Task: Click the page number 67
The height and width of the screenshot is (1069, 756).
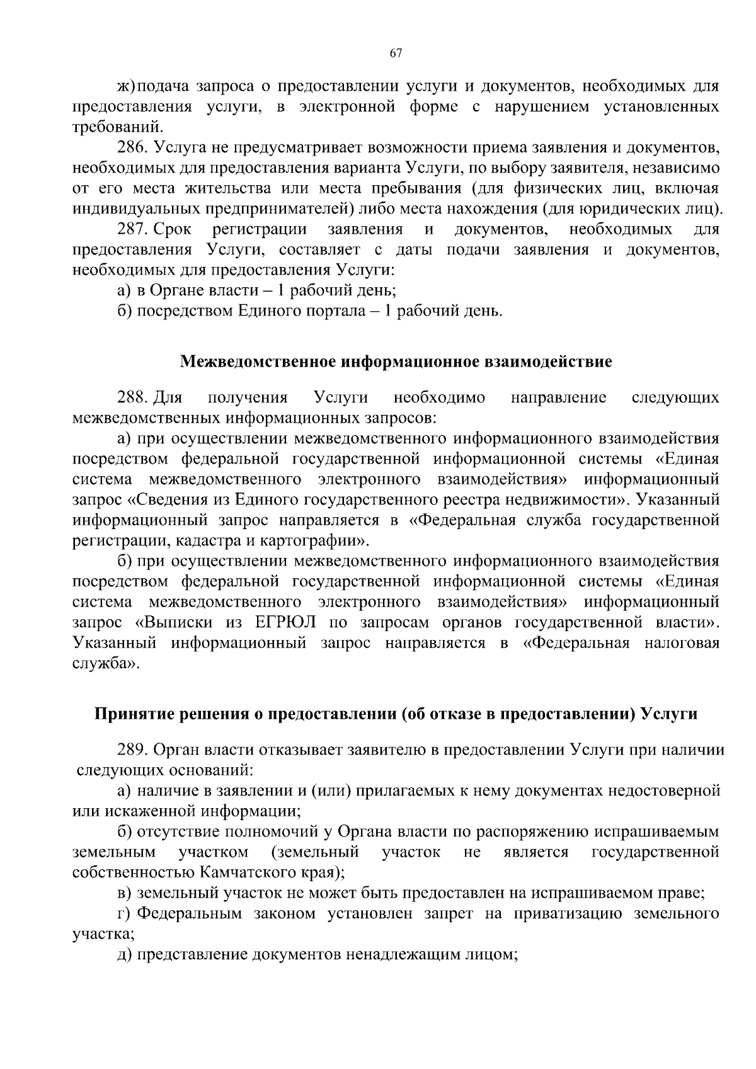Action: (396, 54)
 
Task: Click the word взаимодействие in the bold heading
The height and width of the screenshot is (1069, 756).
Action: (548, 362)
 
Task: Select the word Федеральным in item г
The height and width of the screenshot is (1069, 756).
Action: (189, 913)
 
